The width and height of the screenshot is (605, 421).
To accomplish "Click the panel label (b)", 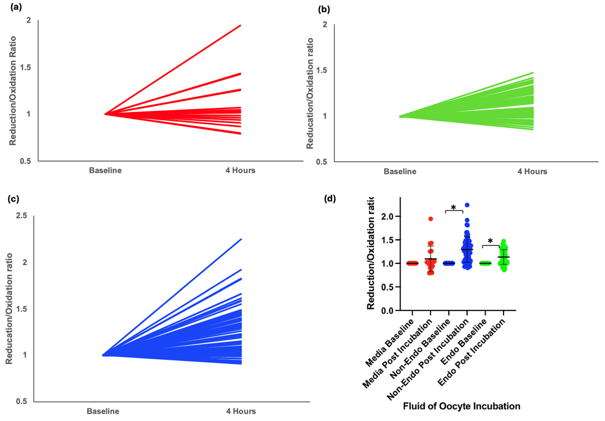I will click(324, 10).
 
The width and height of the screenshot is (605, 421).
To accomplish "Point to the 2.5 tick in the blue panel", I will click(22, 216).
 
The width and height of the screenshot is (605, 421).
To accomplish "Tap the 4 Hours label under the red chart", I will click(240, 170).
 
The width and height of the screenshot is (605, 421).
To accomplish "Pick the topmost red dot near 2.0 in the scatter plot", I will click(431, 219).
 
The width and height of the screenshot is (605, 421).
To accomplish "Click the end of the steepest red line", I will click(240, 26).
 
